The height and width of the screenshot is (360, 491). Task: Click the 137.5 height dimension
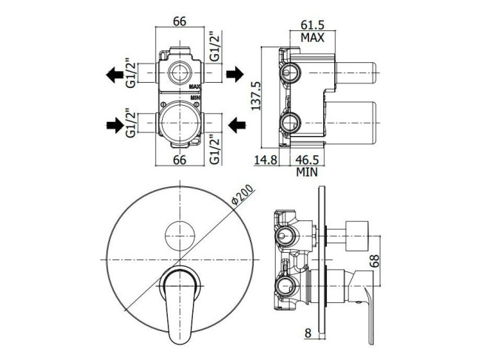(257, 96)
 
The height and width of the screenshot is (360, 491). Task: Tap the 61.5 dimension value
(313, 24)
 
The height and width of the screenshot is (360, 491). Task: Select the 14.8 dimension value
(265, 160)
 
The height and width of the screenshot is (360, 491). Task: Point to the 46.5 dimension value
(307, 160)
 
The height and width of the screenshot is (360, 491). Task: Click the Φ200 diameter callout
(243, 195)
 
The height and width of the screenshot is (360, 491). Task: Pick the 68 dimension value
(374, 260)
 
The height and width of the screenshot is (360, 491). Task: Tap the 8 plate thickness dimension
(308, 333)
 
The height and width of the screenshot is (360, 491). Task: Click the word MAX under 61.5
(313, 38)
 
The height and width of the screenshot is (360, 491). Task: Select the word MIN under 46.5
(307, 172)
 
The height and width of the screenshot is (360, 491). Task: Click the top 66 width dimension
(180, 21)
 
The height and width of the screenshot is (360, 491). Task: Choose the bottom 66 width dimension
(180, 160)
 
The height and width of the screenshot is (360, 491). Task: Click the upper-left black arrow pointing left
(115, 75)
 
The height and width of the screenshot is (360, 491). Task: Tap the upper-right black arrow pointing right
(235, 74)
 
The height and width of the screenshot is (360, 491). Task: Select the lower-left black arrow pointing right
(115, 125)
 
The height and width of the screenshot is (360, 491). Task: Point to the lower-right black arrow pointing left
(237, 126)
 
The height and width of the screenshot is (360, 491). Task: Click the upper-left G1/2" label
(131, 72)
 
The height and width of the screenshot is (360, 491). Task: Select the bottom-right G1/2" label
(214, 149)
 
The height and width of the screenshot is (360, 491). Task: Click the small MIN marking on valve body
(195, 98)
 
